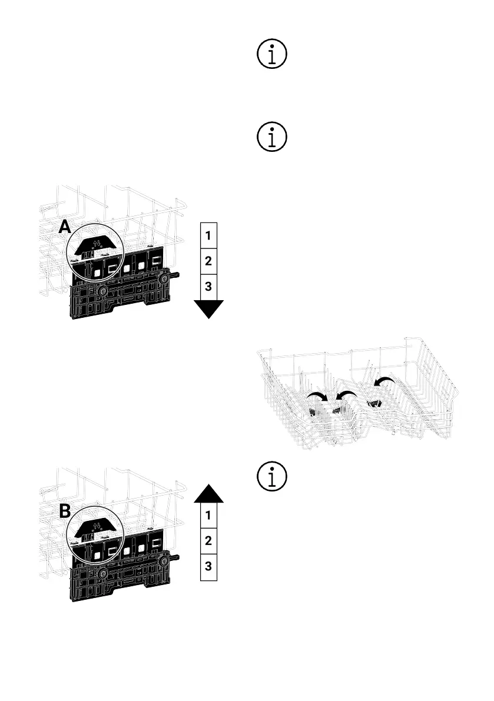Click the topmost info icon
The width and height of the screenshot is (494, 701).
point(272,55)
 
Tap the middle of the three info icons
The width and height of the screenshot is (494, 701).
point(272,137)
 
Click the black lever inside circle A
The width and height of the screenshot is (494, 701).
point(94,241)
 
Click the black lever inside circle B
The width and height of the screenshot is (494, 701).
point(94,523)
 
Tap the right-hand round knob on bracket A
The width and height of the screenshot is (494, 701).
point(164,275)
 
